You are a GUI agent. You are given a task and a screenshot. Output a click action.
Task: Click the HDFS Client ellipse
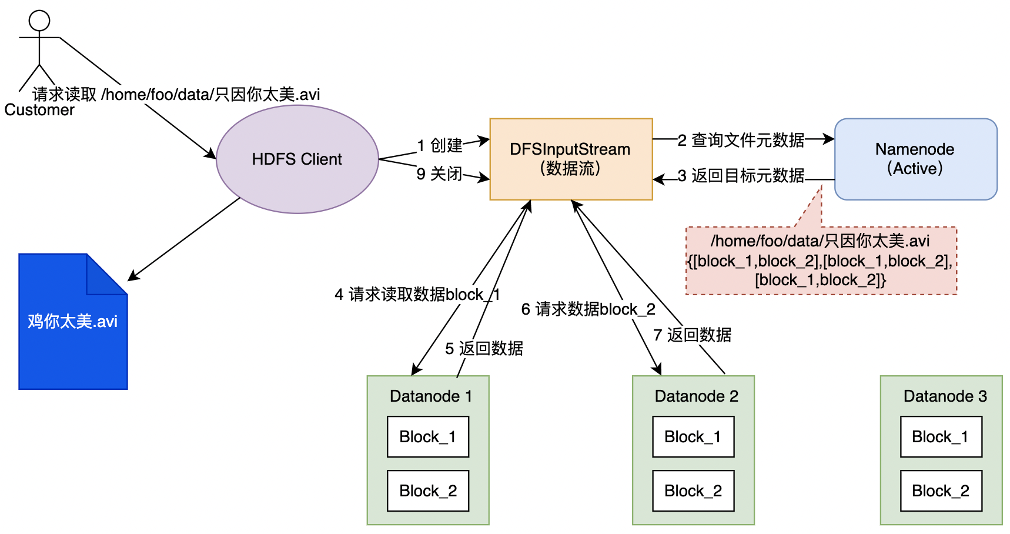click(297, 159)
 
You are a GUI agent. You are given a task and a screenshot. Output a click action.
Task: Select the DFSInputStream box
click(570, 159)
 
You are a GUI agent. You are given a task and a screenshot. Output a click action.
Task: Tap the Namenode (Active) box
click(915, 159)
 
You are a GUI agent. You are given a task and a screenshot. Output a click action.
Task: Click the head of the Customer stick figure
click(39, 21)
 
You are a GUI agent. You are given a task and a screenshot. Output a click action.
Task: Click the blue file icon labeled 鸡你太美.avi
click(72, 329)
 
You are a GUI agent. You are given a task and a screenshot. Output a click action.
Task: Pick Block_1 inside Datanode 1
click(427, 437)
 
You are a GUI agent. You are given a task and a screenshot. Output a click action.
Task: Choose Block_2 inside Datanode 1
click(427, 491)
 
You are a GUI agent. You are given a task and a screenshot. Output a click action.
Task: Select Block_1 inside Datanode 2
click(693, 437)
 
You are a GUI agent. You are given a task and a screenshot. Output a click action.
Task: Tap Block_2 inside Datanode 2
click(693, 491)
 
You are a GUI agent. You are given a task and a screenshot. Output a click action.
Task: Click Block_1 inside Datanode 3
click(941, 437)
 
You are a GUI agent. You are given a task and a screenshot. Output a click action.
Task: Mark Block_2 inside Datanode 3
click(941, 491)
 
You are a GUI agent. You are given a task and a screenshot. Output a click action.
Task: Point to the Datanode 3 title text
click(945, 396)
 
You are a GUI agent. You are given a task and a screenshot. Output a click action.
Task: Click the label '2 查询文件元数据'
click(741, 140)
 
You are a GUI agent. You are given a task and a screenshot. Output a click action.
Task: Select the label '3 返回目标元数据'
click(741, 176)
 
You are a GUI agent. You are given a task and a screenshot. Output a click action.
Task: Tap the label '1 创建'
click(440, 145)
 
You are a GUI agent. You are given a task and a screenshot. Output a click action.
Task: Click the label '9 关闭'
click(439, 174)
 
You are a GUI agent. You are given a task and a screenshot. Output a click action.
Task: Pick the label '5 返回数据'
click(484, 349)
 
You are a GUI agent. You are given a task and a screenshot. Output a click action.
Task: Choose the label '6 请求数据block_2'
click(588, 309)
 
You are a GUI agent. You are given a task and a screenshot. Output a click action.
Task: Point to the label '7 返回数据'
click(692, 335)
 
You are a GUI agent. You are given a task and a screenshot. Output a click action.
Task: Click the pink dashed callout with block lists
click(821, 261)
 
